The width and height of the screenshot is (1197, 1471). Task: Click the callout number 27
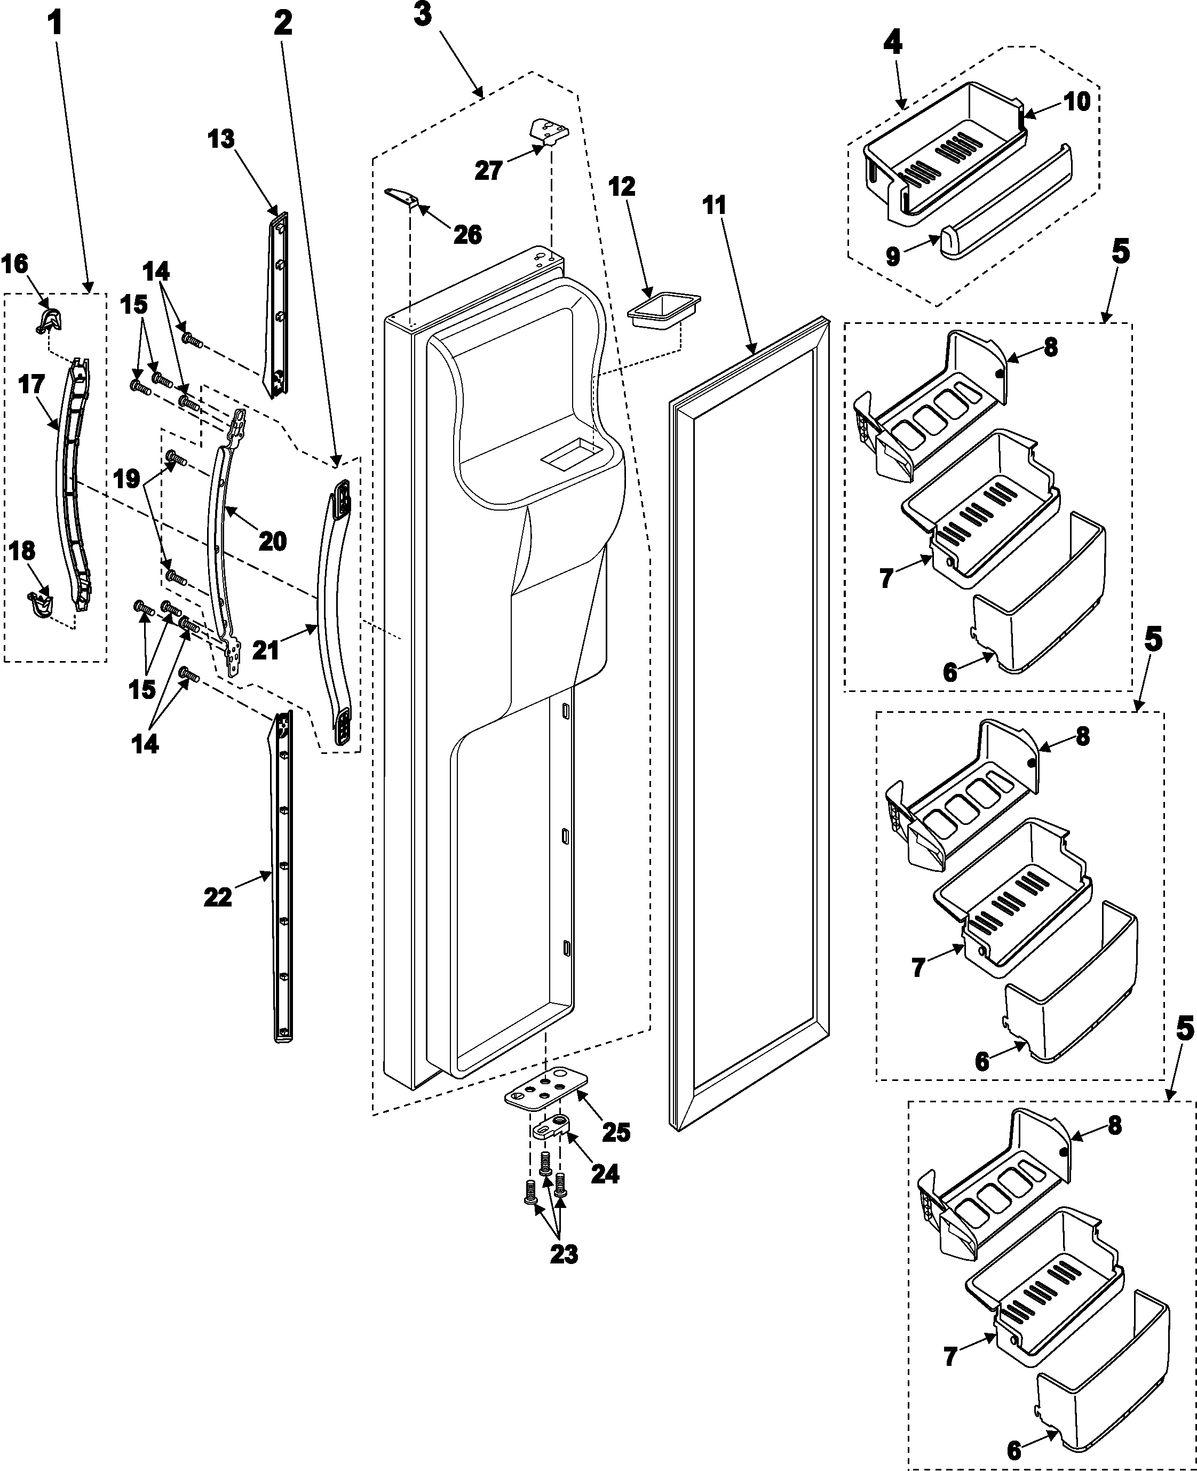click(488, 170)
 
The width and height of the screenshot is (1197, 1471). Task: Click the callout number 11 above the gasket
click(715, 205)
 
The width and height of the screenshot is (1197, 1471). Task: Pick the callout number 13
click(221, 139)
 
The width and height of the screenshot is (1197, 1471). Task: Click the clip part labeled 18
click(42, 602)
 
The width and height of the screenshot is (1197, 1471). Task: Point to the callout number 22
click(218, 897)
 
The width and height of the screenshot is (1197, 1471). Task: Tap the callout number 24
click(605, 1173)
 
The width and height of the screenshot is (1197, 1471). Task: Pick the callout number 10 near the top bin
click(1077, 101)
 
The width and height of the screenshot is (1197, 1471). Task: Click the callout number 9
click(893, 257)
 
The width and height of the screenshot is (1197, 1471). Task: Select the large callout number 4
click(892, 43)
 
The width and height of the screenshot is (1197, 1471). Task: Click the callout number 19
click(128, 479)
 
